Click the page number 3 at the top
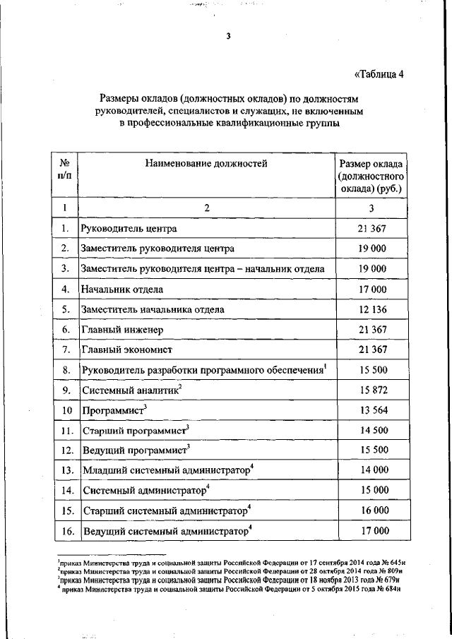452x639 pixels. point(228,37)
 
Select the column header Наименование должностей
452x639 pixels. point(207,164)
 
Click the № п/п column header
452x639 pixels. point(64,170)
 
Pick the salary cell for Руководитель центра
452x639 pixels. point(371,228)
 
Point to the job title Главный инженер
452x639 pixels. point(123,330)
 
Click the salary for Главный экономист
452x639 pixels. point(371,350)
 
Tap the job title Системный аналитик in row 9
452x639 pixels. point(131,390)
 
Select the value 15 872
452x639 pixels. point(371,390)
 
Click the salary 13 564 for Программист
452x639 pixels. point(371,410)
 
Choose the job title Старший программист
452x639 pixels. point(135,430)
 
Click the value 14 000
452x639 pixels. point(371,470)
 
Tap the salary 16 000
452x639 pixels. point(371,510)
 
